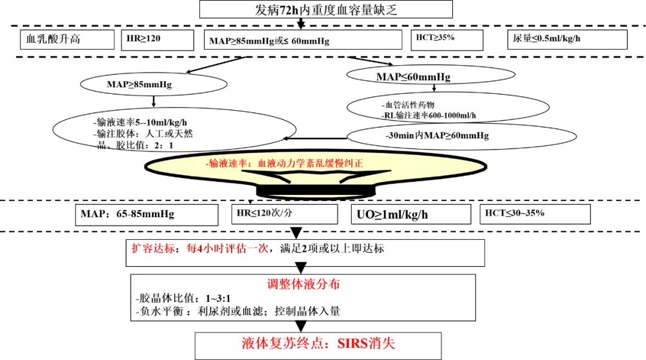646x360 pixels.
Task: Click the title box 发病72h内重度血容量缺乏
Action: [x=326, y=10]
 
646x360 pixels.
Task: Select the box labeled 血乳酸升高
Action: [x=66, y=39]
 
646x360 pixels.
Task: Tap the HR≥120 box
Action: [x=157, y=39]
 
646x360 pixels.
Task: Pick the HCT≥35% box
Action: [x=447, y=39]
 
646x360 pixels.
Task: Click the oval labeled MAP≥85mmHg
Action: [x=139, y=84]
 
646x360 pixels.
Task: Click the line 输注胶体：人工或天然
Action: [x=144, y=133]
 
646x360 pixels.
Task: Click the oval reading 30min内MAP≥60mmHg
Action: [x=440, y=136]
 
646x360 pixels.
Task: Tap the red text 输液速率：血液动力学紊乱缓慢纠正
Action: [x=284, y=163]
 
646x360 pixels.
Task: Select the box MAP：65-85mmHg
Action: [x=146, y=214]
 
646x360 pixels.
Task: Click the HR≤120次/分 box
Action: [x=284, y=213]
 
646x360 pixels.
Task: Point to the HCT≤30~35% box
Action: [x=534, y=213]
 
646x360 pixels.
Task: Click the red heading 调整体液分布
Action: [x=303, y=285]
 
